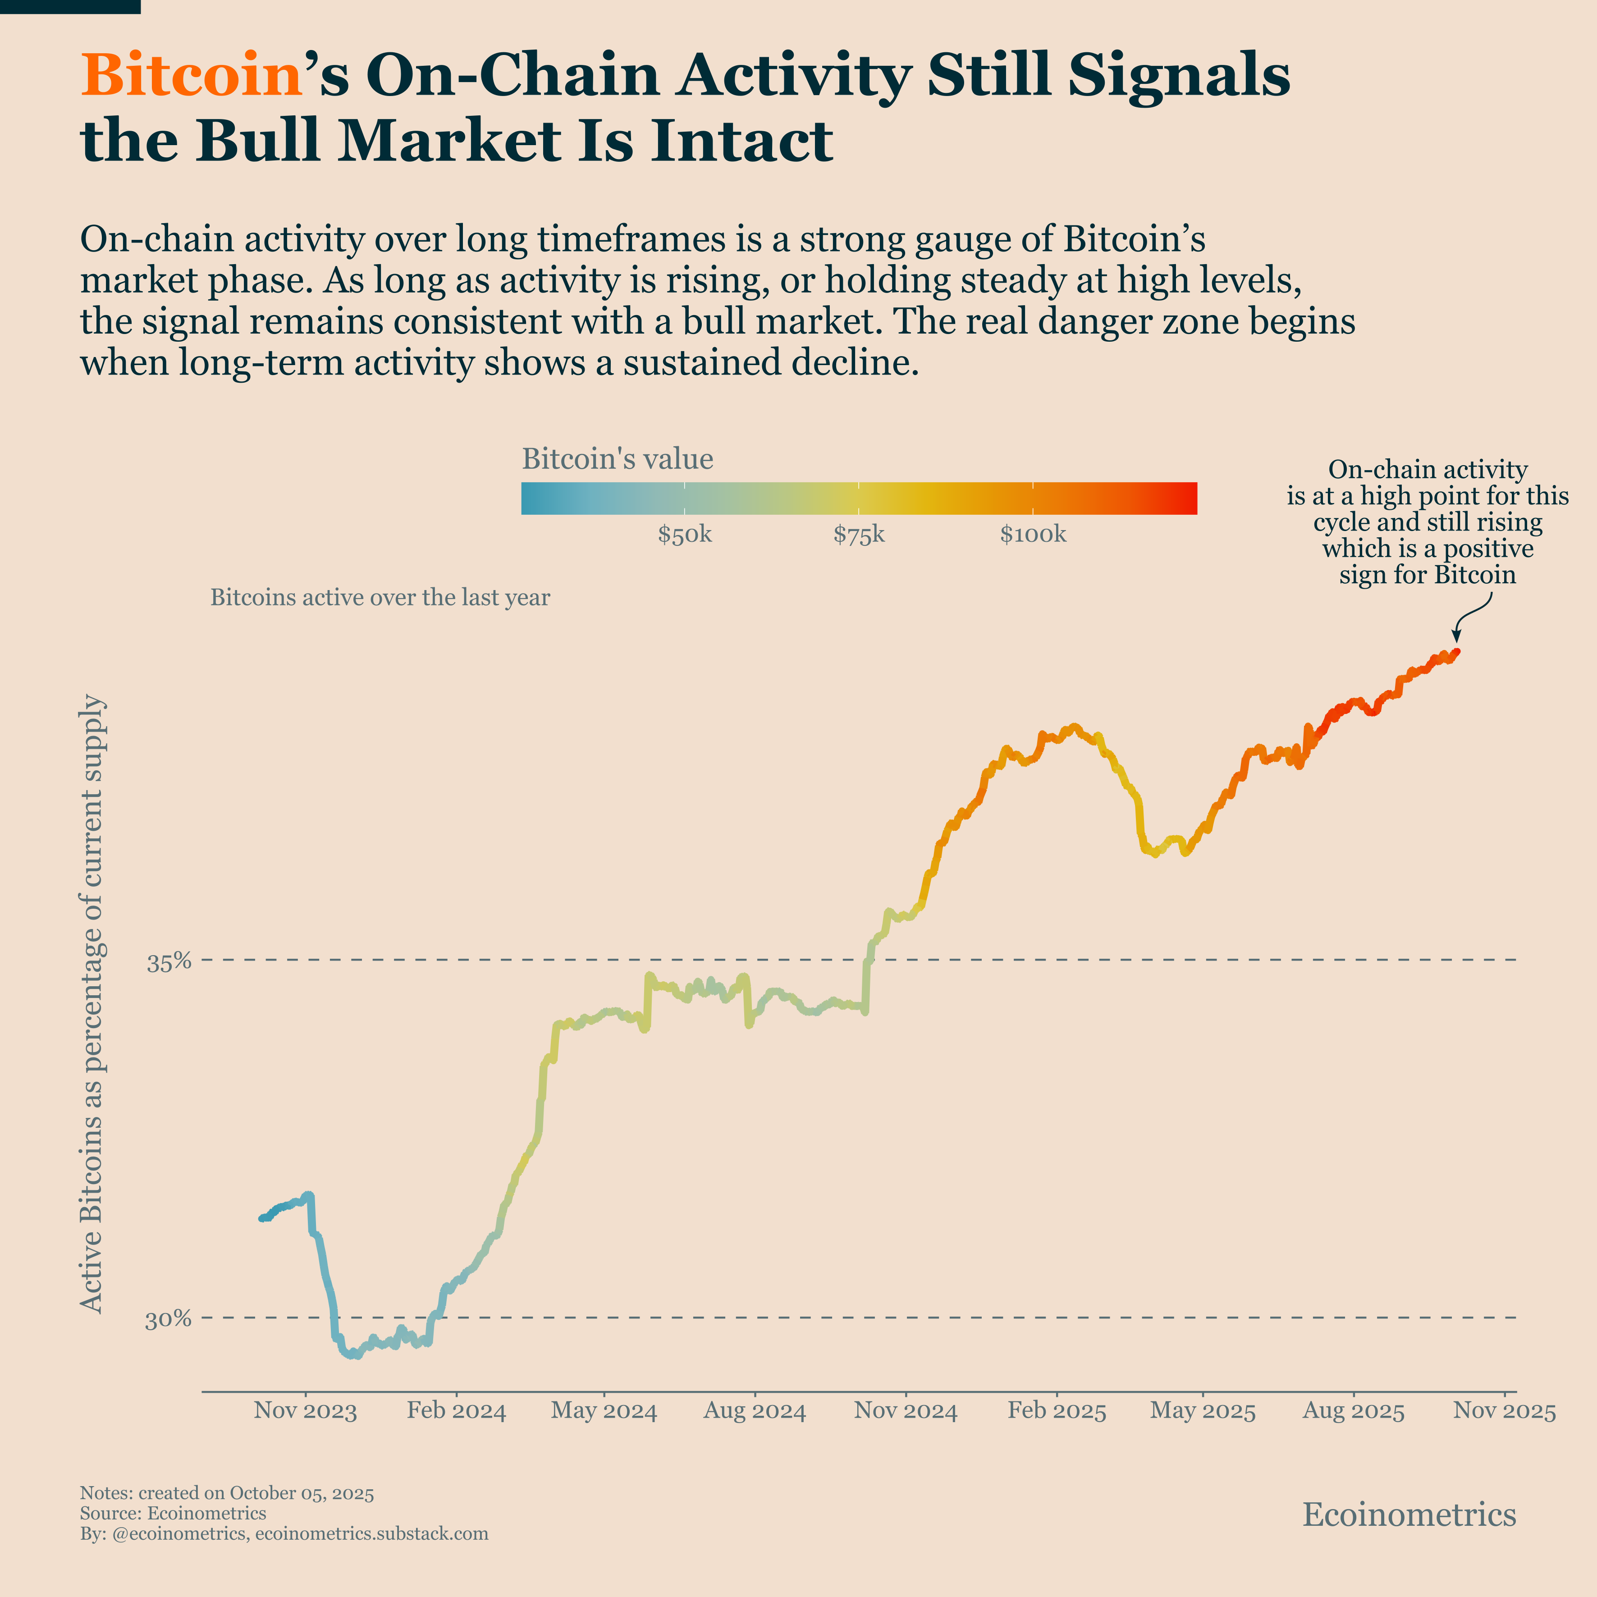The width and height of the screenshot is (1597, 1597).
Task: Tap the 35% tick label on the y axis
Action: (x=169, y=962)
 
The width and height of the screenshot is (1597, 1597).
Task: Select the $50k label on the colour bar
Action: (x=684, y=535)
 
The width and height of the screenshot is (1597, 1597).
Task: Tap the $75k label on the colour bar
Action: (x=859, y=535)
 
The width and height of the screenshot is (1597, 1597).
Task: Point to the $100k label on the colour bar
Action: (x=1033, y=535)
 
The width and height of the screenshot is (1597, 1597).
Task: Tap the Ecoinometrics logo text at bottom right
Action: (x=1409, y=1515)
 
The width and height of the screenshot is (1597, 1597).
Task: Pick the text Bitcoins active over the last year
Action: (x=380, y=598)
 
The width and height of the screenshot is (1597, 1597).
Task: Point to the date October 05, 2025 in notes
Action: (x=301, y=1493)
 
